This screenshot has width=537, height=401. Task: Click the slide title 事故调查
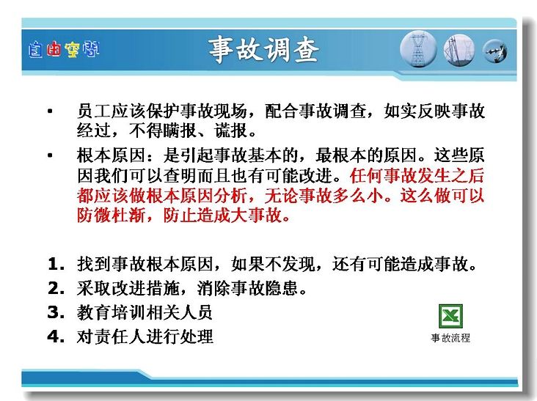(264, 50)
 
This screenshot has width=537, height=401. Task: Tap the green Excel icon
(450, 316)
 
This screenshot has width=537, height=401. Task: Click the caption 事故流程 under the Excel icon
(450, 338)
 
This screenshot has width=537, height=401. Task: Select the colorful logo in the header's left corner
(64, 50)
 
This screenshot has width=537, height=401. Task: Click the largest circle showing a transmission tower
(418, 49)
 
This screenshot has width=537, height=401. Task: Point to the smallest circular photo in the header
(495, 51)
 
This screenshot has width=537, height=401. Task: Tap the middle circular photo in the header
(459, 50)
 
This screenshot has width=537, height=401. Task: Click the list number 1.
(56, 264)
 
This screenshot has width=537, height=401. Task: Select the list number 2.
(56, 288)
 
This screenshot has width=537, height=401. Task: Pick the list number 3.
(56, 312)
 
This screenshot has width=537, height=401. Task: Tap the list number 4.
(56, 336)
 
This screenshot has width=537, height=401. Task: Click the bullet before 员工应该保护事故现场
(51, 111)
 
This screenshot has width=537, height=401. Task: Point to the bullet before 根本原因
(51, 155)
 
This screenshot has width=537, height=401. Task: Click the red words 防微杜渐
(111, 216)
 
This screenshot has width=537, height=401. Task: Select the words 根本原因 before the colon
(111, 155)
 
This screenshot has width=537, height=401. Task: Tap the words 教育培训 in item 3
(111, 312)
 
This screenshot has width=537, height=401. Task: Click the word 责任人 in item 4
(120, 336)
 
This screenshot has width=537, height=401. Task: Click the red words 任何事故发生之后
(417, 175)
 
